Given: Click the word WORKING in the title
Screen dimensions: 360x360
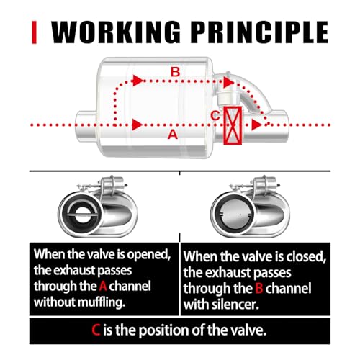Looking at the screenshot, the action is (x=116, y=32).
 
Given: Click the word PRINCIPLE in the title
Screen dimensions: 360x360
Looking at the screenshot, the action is (x=260, y=32).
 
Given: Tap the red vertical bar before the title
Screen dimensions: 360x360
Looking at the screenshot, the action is (x=34, y=32).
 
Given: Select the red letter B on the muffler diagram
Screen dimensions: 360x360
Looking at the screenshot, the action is (x=175, y=72).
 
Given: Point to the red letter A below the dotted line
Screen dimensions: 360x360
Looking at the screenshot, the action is (x=173, y=135).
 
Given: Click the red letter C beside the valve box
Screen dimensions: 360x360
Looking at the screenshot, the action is (x=215, y=115).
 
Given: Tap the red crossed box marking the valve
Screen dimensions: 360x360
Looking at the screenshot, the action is (x=233, y=125).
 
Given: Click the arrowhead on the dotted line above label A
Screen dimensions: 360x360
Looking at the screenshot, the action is (x=138, y=125).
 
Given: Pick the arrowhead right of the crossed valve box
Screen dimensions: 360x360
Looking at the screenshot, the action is (x=257, y=125).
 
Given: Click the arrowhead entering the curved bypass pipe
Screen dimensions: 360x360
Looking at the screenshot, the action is (x=228, y=82).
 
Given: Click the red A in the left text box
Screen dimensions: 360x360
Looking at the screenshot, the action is (x=103, y=286).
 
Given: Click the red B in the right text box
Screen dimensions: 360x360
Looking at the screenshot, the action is (x=259, y=288).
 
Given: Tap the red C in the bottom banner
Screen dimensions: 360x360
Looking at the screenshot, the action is (x=96, y=330).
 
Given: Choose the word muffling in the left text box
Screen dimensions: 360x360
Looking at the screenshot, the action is (x=102, y=302).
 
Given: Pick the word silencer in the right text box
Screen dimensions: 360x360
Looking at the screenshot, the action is (x=235, y=305).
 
